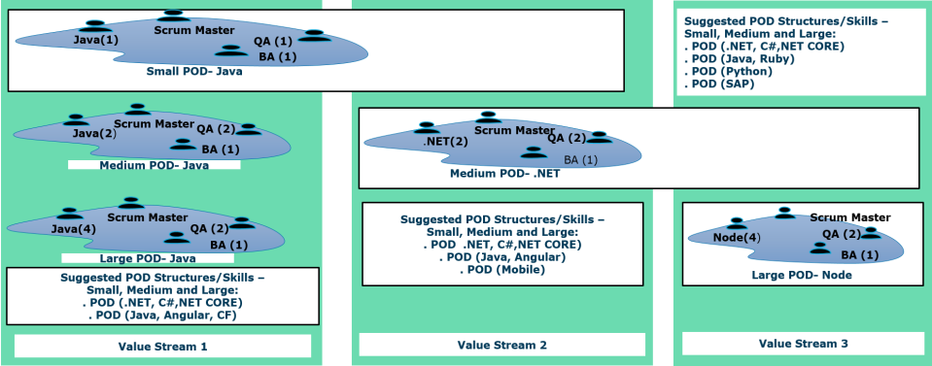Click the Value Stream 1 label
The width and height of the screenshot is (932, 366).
(163, 347)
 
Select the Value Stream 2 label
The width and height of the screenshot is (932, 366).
(502, 345)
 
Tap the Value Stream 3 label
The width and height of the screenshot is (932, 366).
(804, 344)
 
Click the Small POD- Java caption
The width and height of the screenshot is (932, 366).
(195, 72)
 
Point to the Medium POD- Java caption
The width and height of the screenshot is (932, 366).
(155, 165)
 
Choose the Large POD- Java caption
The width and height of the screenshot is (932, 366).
(148, 258)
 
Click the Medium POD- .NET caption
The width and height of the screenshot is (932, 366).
(505, 174)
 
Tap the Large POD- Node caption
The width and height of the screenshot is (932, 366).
(803, 275)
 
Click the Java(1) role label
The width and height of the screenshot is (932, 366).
(96, 41)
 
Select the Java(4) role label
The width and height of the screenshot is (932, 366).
(74, 229)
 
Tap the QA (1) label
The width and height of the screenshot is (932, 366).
(273, 42)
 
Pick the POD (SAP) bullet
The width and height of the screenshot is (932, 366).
(719, 84)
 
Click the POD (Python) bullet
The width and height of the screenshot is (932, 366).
(728, 71)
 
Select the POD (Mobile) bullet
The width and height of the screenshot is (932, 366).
(502, 270)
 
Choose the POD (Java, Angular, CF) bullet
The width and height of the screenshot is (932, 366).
(160, 315)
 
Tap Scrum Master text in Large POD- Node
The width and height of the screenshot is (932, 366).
(850, 218)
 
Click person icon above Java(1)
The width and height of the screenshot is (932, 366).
(95, 26)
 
